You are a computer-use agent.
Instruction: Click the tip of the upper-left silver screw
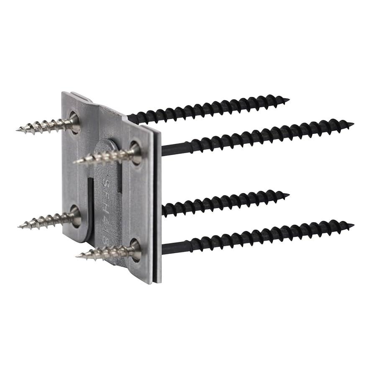pyautogui.click(x=18, y=130)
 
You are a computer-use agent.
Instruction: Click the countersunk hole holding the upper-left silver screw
pyautogui.click(x=74, y=121)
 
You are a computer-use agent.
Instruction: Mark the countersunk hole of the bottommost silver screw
pyautogui.click(x=136, y=249)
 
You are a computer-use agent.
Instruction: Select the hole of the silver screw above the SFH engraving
pyautogui.click(x=136, y=151)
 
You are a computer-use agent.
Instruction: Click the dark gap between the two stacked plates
pyautogui.click(x=155, y=209)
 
